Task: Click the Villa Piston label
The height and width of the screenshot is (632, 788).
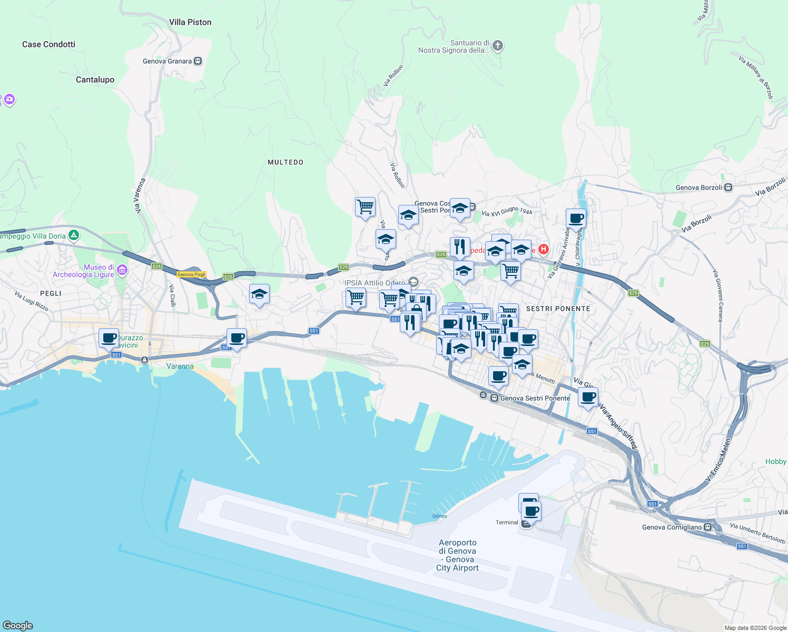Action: pyautogui.click(x=190, y=22)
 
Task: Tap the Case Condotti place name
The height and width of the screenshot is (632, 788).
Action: pyautogui.click(x=48, y=44)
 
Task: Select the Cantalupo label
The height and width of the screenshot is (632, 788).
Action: pyautogui.click(x=95, y=80)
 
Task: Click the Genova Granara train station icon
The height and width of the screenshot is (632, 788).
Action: pyautogui.click(x=198, y=61)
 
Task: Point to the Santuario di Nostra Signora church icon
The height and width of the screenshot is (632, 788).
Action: pyautogui.click(x=498, y=46)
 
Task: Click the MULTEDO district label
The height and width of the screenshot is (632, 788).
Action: pyautogui.click(x=285, y=162)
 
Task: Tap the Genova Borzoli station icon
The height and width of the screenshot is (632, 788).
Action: pyautogui.click(x=728, y=187)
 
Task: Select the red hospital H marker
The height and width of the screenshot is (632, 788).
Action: pyautogui.click(x=543, y=249)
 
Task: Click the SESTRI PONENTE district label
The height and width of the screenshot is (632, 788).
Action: pyautogui.click(x=558, y=309)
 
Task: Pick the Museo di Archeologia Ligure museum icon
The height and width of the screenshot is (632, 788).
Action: pyautogui.click(x=122, y=270)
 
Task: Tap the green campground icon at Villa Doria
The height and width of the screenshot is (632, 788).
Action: pyautogui.click(x=74, y=235)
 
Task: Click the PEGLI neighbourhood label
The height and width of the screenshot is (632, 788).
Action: pyautogui.click(x=51, y=293)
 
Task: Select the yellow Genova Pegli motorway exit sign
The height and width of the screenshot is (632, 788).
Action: pyautogui.click(x=191, y=274)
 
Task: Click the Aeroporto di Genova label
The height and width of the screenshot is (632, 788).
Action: pyautogui.click(x=457, y=555)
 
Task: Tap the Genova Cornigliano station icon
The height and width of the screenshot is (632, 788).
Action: pyautogui.click(x=708, y=527)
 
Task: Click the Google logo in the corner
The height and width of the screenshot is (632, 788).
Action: pyautogui.click(x=18, y=625)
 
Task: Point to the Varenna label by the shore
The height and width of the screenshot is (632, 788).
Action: pyautogui.click(x=180, y=366)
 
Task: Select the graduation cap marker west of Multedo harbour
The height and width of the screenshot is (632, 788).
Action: pyautogui.click(x=259, y=294)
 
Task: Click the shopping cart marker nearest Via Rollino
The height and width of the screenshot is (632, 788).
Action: pyautogui.click(x=365, y=206)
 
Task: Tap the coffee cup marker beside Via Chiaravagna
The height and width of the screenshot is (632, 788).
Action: pyautogui.click(x=576, y=218)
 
